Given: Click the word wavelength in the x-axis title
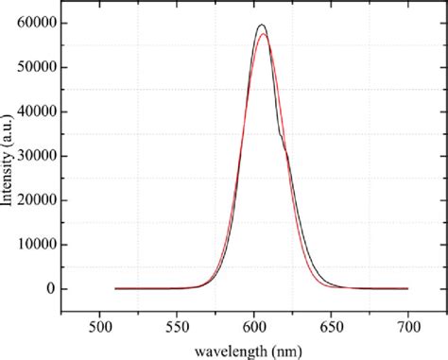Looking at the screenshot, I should [x=227, y=349].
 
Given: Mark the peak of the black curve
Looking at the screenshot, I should [x=261, y=25].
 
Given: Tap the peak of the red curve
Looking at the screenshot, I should [x=263, y=34].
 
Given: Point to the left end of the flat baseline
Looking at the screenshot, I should [x=115, y=288].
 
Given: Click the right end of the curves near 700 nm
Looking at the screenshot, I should [x=407, y=288].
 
